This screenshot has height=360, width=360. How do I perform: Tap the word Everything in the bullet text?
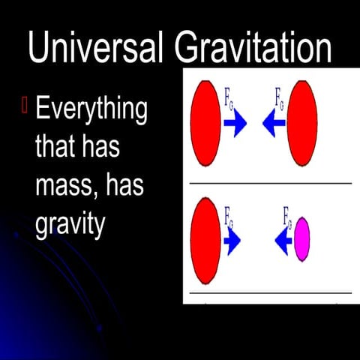(x=91, y=111)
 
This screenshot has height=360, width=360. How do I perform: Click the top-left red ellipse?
(x=206, y=123)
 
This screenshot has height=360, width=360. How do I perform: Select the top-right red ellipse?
(x=302, y=123)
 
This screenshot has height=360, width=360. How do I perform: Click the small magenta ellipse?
(x=302, y=239)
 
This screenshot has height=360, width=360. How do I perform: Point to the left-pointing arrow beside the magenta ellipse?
(x=282, y=241)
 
